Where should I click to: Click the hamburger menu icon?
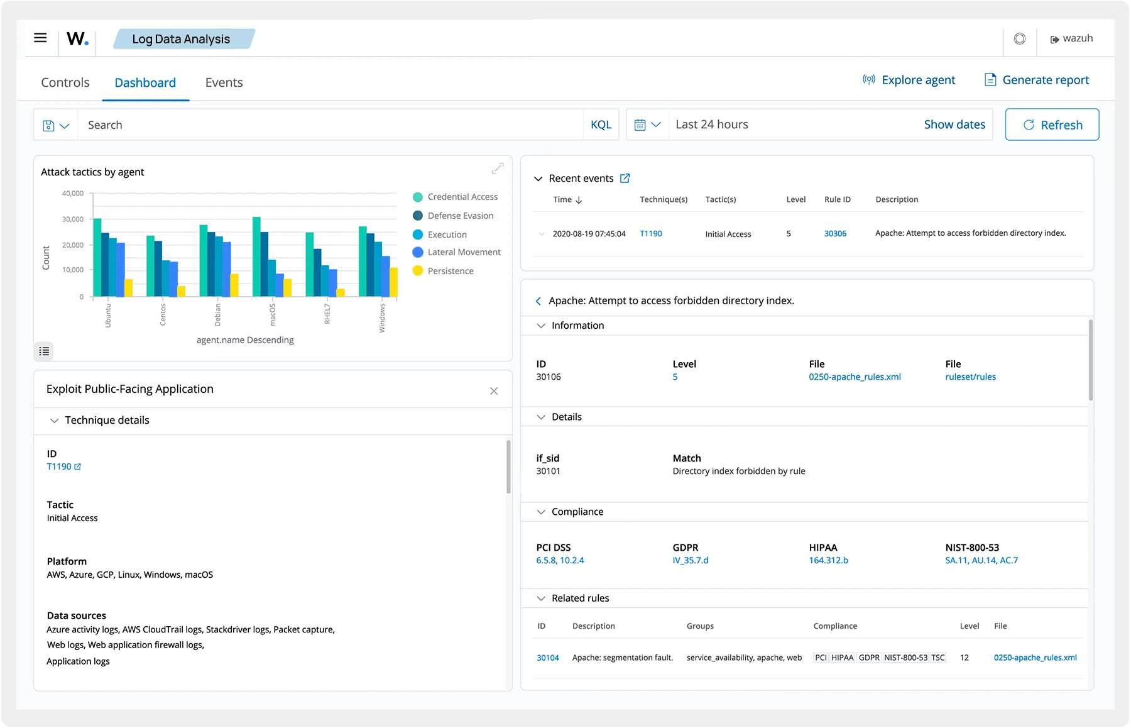coord(40,38)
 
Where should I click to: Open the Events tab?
coord(224,82)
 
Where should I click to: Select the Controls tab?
coord(65,82)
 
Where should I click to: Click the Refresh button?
coord(1052,124)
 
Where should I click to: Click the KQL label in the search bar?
coord(601,124)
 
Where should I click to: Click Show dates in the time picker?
coord(954,124)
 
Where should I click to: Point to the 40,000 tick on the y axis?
coord(72,193)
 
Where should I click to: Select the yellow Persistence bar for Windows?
coord(394,282)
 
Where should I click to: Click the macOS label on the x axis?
coord(273,314)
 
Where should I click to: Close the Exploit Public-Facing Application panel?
coord(494,391)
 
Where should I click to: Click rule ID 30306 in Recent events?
coord(835,233)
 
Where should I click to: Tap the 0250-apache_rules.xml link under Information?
coord(855,377)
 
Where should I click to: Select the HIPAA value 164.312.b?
coord(828,560)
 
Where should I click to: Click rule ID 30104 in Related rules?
coord(547,658)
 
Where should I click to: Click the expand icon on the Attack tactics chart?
coord(498,168)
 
